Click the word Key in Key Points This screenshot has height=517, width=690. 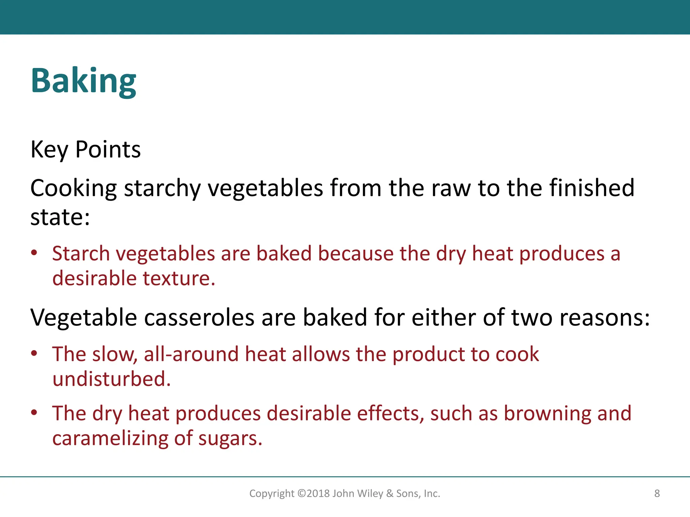click(49, 149)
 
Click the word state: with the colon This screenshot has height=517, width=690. click(60, 217)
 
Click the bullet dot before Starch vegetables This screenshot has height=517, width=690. click(34, 253)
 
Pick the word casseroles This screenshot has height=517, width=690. click(199, 317)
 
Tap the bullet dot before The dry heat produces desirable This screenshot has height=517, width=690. click(34, 413)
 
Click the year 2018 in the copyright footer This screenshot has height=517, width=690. click(318, 493)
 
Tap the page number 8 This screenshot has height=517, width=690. click(657, 493)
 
